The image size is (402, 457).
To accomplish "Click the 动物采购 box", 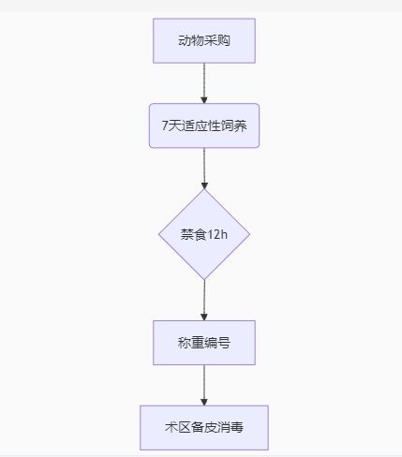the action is click(204, 40).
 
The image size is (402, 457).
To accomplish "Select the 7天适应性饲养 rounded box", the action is click(204, 125).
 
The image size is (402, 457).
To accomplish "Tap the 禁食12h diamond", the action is click(204, 234).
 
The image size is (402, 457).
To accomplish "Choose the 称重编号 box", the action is click(204, 343).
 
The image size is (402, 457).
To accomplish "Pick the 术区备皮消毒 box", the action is click(204, 427).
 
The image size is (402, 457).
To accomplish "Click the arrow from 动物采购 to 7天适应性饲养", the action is click(204, 83).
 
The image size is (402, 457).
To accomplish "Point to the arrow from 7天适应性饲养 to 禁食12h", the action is click(204, 169).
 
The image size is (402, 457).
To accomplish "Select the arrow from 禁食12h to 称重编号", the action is click(204, 300).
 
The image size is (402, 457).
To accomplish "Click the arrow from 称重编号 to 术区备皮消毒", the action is click(204, 385).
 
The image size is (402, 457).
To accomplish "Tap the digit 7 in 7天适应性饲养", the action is click(165, 125).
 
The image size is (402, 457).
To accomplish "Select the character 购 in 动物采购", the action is click(224, 40).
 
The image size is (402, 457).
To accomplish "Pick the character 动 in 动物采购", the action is click(185, 40).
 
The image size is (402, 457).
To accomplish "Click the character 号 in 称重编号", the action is click(224, 343).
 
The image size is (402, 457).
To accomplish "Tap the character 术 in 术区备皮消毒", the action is click(171, 427).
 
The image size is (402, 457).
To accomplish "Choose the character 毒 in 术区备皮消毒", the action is click(237, 427).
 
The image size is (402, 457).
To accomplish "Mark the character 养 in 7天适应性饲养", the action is click(240, 125).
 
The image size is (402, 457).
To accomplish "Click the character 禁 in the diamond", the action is click(187, 234).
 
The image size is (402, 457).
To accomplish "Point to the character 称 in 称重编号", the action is click(185, 343).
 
